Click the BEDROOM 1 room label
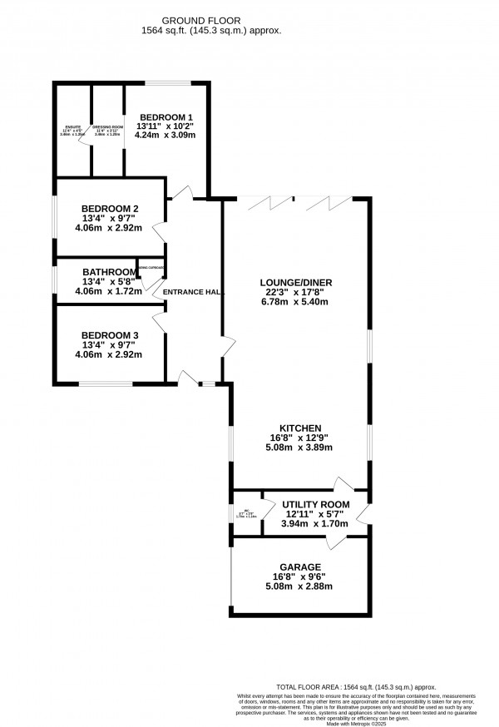166,117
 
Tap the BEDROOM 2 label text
110,209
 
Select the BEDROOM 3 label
110,335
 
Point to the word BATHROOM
109,272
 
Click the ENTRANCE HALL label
192,292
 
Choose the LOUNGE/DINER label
295,283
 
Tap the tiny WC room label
247,512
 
